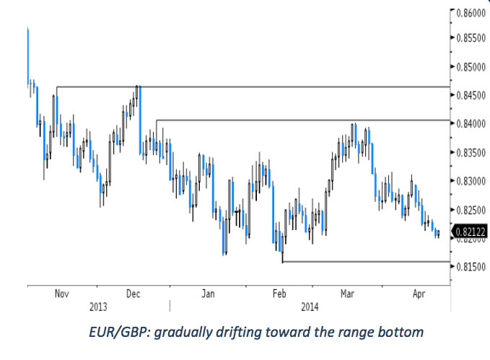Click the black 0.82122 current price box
tap(470, 232)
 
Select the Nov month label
tap(61, 294)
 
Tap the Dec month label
tap(134, 294)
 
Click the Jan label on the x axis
tap(207, 294)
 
